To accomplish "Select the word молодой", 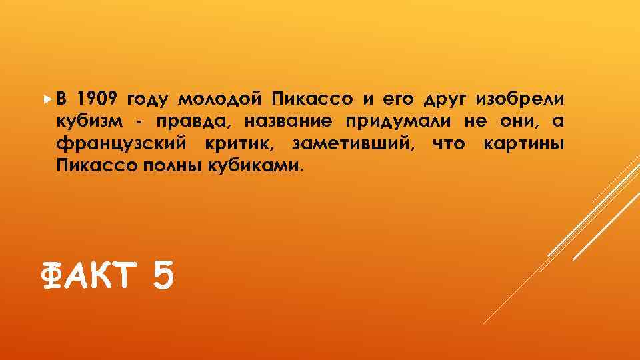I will coord(223,100).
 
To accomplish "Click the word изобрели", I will coord(521,100).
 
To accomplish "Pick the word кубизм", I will coord(85,122).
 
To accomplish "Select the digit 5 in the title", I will coord(163,275).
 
